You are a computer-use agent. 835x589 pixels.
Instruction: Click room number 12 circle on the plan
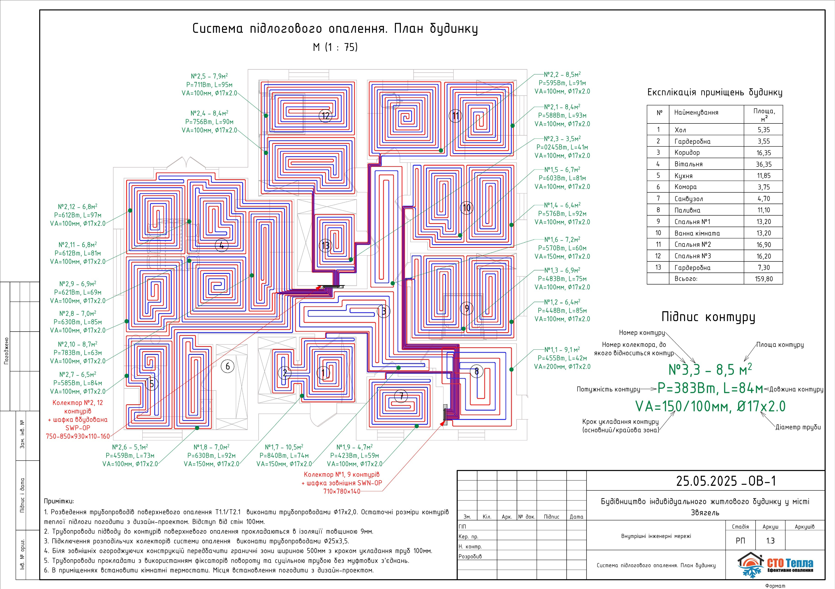click(x=326, y=116)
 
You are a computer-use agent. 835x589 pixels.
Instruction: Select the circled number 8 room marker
click(x=476, y=371)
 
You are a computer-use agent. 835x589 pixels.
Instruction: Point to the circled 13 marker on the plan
click(x=326, y=246)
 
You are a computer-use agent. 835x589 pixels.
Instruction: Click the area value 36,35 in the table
click(x=763, y=164)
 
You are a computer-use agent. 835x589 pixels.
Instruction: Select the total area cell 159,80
click(x=763, y=279)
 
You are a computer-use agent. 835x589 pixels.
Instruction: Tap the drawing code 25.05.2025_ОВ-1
click(x=726, y=481)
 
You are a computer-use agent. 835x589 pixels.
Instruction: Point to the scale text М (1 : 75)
click(x=335, y=47)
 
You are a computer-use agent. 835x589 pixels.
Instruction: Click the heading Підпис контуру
click(x=708, y=317)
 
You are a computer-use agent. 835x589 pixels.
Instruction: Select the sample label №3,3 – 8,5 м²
click(x=710, y=369)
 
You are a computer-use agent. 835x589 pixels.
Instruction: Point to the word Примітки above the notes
click(x=58, y=501)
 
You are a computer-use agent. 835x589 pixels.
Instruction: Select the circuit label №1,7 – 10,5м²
click(x=284, y=447)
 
